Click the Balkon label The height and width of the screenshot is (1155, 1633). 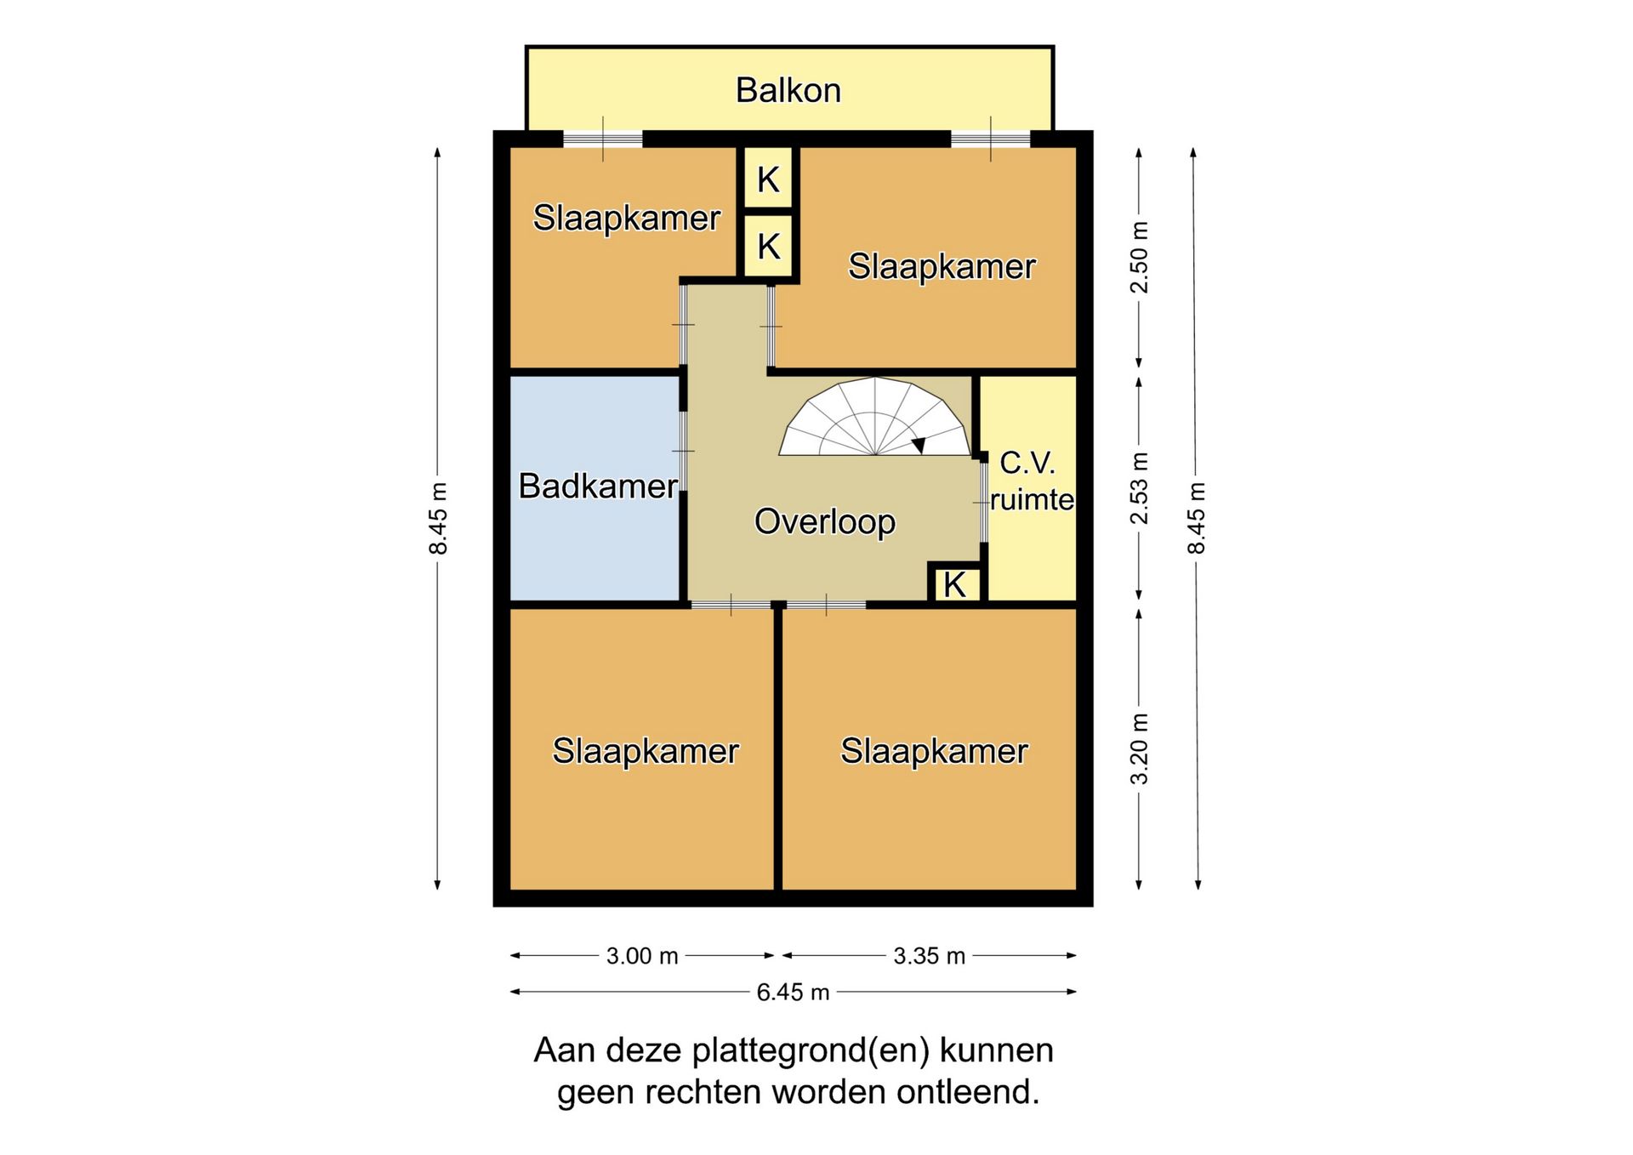788,90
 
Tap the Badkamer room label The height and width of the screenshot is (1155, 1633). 598,486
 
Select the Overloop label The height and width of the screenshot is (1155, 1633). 825,521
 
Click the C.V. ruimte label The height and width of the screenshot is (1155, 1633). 1032,481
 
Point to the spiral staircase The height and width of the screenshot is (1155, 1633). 874,417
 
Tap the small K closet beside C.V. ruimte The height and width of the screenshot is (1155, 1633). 954,584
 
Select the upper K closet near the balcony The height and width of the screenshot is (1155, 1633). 768,179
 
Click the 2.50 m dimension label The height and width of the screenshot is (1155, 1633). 1139,258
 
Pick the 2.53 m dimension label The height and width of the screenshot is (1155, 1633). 1139,488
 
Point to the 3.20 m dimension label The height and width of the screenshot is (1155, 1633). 1139,749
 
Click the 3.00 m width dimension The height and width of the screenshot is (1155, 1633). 642,956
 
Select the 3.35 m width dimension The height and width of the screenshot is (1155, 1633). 930,956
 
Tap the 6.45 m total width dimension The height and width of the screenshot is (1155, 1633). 793,993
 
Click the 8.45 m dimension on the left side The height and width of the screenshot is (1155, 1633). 437,518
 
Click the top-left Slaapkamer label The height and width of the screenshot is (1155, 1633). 627,218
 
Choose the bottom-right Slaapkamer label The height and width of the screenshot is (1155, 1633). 935,751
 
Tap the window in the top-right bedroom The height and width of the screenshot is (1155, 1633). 990,139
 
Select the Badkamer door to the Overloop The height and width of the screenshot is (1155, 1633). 683,451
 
